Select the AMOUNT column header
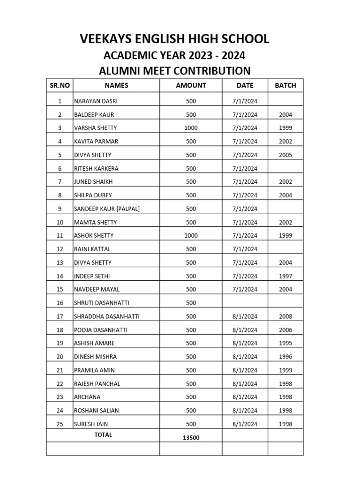191,85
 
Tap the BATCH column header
285,85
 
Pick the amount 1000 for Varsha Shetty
191,128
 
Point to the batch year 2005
285,155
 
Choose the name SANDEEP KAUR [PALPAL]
107,209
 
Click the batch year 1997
285,276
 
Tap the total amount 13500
191,438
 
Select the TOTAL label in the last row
103,435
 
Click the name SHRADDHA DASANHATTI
107,316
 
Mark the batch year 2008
285,316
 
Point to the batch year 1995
285,344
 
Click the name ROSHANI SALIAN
96,411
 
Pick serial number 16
60,303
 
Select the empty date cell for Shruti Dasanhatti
245,303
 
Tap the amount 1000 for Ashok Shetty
191,236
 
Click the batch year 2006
285,330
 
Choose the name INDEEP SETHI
93,276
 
